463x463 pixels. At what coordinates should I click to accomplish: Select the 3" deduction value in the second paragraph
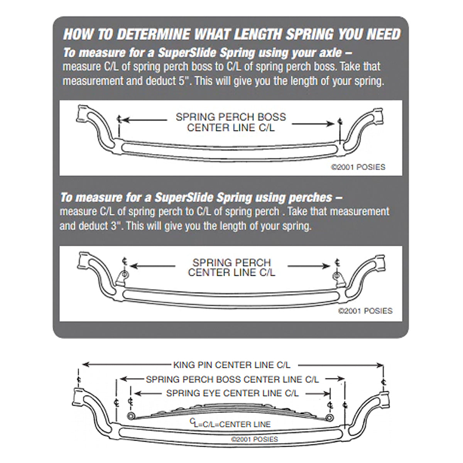pos(115,226)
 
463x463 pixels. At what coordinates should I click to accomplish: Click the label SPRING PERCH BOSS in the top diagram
pos(231,117)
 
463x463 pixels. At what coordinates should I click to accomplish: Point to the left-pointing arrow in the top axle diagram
pos(145,120)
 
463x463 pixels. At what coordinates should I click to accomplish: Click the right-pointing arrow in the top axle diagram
pos(313,124)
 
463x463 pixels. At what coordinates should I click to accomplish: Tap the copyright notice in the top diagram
pos(358,167)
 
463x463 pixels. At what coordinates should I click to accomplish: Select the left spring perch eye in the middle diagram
pos(125,274)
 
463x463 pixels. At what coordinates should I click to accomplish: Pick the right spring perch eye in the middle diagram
pos(336,276)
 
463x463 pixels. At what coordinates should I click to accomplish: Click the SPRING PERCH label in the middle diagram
pos(231,262)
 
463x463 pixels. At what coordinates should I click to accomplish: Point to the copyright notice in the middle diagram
pos(365,311)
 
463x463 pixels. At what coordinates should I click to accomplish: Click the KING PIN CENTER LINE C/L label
pos(232,365)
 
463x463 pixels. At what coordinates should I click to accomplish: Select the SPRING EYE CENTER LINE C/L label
pos(232,393)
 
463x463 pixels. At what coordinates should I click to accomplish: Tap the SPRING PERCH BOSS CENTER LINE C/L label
pos(232,379)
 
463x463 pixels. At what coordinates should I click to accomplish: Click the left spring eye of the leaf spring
pos(131,416)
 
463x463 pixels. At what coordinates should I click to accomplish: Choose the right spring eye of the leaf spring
pos(330,418)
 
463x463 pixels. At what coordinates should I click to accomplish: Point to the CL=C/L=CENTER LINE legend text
pos(230,424)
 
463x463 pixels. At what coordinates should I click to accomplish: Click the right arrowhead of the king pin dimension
pos(380,366)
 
